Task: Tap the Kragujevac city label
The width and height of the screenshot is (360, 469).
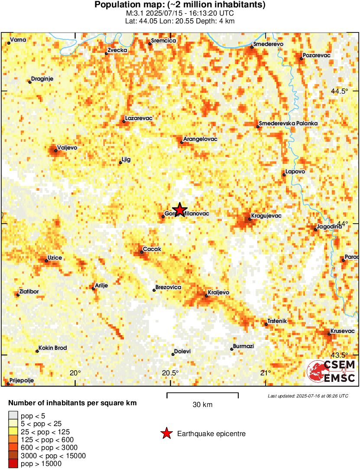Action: tap(266, 215)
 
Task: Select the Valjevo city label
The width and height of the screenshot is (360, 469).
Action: tap(67, 148)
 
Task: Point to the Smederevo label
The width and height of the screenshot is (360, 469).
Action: tap(268, 44)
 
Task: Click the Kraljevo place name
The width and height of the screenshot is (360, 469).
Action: tap(218, 293)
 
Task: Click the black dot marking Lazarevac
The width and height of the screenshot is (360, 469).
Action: tap(124, 121)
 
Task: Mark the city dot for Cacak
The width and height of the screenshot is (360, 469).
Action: tap(142, 252)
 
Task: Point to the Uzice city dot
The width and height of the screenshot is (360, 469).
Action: tap(46, 261)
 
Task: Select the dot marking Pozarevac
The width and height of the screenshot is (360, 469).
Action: tap(301, 59)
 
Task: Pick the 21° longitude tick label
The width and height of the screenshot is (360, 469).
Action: tap(265, 373)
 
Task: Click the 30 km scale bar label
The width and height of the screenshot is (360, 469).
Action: tap(202, 405)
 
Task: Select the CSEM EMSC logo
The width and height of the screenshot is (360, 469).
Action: tap(331, 371)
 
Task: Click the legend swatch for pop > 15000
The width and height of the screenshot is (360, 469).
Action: tap(13, 464)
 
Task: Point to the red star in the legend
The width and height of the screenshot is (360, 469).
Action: tap(166, 433)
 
